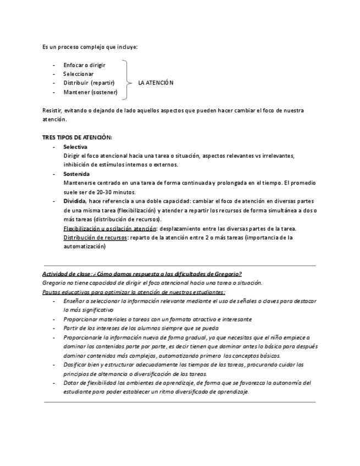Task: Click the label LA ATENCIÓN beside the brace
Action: point(156,83)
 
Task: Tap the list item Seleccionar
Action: point(78,74)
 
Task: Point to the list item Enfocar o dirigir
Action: point(84,65)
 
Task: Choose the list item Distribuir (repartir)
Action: point(88,83)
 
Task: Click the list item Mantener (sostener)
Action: point(90,92)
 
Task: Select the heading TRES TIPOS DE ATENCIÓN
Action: point(77,137)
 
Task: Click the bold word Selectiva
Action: point(75,147)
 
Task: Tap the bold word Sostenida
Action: point(76,174)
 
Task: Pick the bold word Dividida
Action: point(75,201)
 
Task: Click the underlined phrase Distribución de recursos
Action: point(95,237)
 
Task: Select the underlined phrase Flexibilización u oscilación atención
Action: point(110,228)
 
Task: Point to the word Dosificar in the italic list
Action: point(76,364)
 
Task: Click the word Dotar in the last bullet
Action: point(71,382)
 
